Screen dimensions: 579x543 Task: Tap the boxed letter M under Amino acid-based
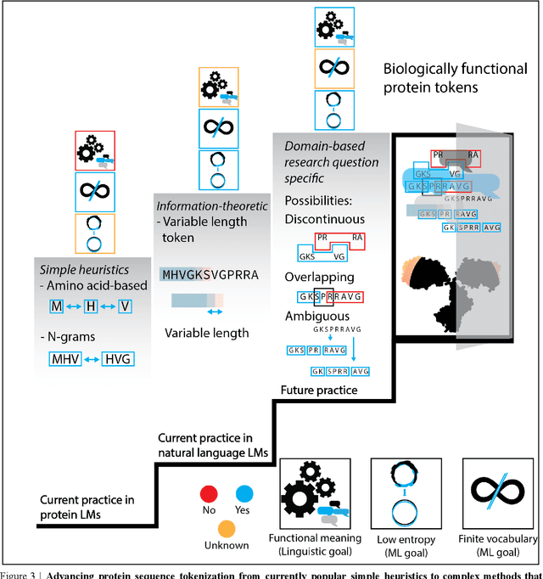57,305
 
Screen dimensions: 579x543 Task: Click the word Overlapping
317,277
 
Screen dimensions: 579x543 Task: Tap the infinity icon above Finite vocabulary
495,493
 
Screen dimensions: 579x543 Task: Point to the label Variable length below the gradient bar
207,333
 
